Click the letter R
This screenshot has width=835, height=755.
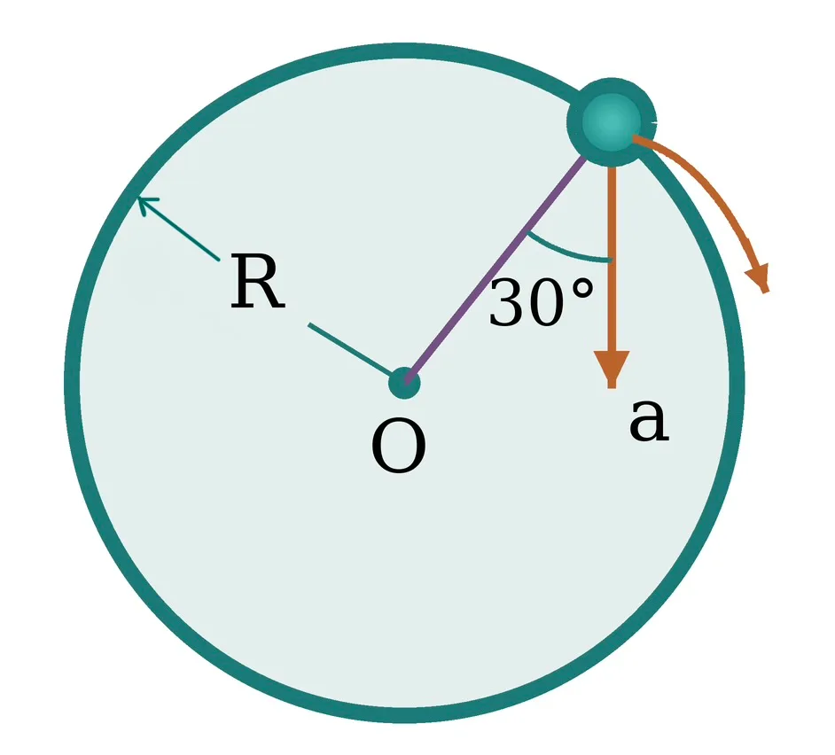[258, 282]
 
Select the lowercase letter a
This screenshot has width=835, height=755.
[649, 420]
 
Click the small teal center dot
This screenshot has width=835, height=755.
[404, 383]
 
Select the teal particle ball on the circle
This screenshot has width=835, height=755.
[612, 122]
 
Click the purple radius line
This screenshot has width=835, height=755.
[495, 269]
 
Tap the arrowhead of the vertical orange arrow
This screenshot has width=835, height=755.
[612, 369]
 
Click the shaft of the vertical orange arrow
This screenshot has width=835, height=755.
[612, 258]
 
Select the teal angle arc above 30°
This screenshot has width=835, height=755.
[566, 253]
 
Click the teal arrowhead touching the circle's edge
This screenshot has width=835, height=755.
[146, 205]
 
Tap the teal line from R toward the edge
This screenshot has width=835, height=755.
[179, 229]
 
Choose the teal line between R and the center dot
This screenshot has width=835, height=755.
[350, 349]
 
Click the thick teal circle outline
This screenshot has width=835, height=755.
[72, 383]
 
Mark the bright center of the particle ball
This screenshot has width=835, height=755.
[612, 122]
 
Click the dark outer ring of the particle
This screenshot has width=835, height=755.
[574, 122]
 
